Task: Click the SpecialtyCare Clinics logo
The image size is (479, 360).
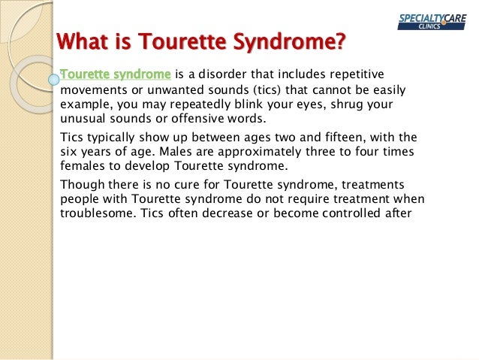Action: [x=432, y=20]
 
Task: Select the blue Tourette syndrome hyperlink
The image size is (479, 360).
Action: [x=115, y=74]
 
